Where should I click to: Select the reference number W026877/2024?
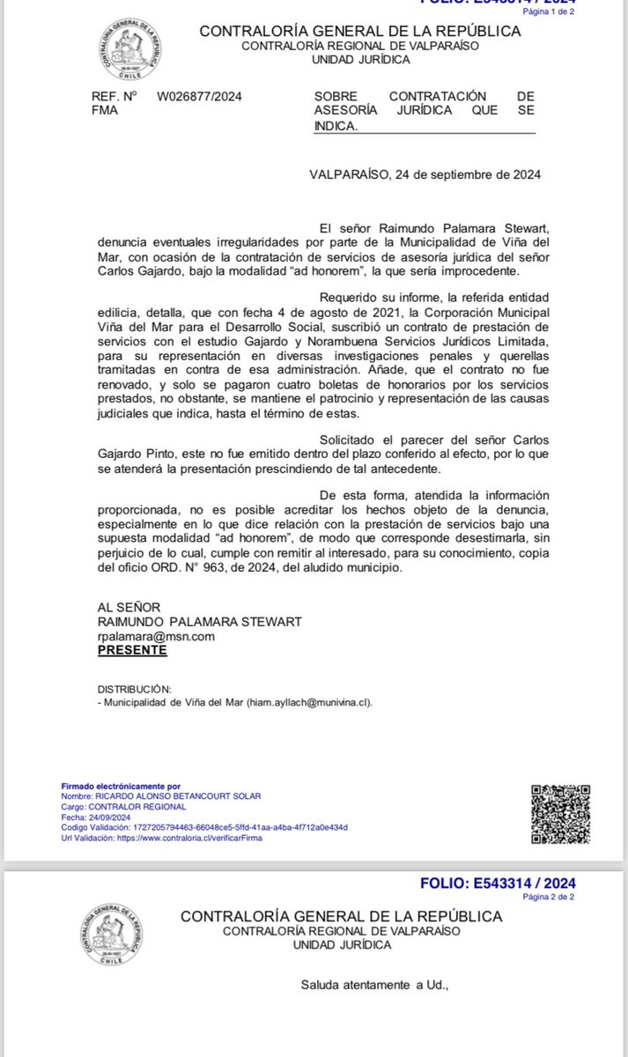(x=199, y=96)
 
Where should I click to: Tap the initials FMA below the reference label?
(x=102, y=110)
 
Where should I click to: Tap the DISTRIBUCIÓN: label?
(x=135, y=689)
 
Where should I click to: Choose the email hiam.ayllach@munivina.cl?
(x=313, y=703)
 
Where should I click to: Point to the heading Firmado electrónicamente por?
(x=120, y=785)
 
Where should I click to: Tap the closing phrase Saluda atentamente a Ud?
(x=375, y=984)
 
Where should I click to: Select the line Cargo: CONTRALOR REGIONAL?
(x=122, y=806)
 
